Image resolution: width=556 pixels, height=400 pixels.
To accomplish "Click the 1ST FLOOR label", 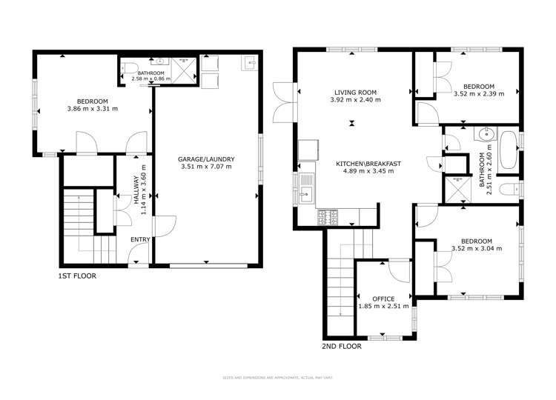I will (77, 276).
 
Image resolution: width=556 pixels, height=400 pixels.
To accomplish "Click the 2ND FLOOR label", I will (342, 346).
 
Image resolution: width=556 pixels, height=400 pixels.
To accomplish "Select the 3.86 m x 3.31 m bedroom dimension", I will (93, 109).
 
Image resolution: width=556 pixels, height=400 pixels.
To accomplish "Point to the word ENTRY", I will (140, 239).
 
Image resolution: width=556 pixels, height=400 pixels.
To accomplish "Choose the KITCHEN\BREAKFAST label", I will (359, 163).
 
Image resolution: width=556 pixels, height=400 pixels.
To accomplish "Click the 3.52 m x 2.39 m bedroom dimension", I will (478, 93).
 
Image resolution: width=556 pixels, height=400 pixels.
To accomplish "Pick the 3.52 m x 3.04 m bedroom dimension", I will (477, 248).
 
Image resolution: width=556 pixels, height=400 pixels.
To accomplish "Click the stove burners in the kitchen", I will (328, 217).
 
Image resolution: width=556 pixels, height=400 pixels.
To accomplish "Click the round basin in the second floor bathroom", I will (486, 136).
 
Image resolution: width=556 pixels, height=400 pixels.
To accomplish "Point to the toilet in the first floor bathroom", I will (161, 63).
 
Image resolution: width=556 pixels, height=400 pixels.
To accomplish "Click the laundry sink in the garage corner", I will (249, 63).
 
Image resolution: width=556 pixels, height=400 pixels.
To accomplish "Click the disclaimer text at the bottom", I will (277, 378).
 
